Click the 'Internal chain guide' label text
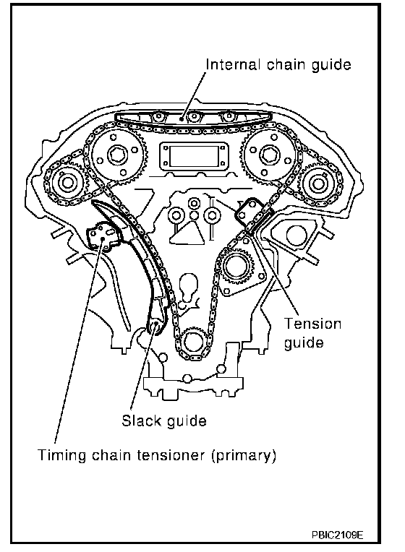278,65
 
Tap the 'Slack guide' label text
164,421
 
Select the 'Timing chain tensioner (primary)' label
157,455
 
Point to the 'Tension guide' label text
312,333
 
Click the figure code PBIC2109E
337,535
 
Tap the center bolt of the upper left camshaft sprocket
116,155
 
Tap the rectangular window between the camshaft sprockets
192,155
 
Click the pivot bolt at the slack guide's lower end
154,326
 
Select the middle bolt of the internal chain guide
193,116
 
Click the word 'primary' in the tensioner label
243,455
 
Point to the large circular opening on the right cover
297,235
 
